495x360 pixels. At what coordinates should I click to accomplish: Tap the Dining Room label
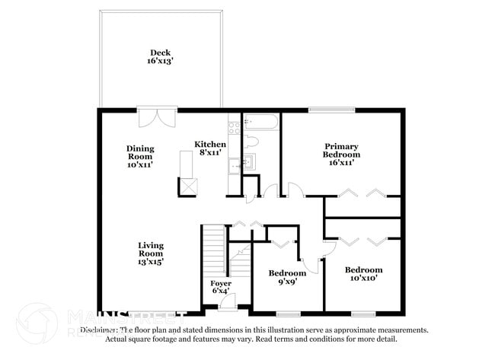[x=140, y=153]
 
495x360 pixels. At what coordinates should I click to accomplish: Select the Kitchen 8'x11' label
[x=209, y=148]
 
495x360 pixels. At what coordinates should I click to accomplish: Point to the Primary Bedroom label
[x=342, y=150]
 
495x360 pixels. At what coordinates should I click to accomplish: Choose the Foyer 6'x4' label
[x=220, y=286]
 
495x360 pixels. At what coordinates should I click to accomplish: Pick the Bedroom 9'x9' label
[x=287, y=277]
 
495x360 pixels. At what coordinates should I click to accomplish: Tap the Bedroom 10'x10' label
[x=363, y=274]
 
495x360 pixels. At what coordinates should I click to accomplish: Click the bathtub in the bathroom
[x=261, y=122]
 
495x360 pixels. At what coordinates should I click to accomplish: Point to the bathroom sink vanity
[x=249, y=162]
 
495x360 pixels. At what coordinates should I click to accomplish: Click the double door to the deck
[x=158, y=118]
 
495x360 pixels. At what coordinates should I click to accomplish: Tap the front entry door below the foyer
[x=227, y=304]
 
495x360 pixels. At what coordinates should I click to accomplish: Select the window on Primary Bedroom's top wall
[x=331, y=110]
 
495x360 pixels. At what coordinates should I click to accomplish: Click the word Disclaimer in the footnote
[x=99, y=330]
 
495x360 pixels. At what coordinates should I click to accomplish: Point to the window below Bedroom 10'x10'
[x=363, y=313]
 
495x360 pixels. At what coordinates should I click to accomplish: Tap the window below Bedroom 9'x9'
[x=288, y=313]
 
